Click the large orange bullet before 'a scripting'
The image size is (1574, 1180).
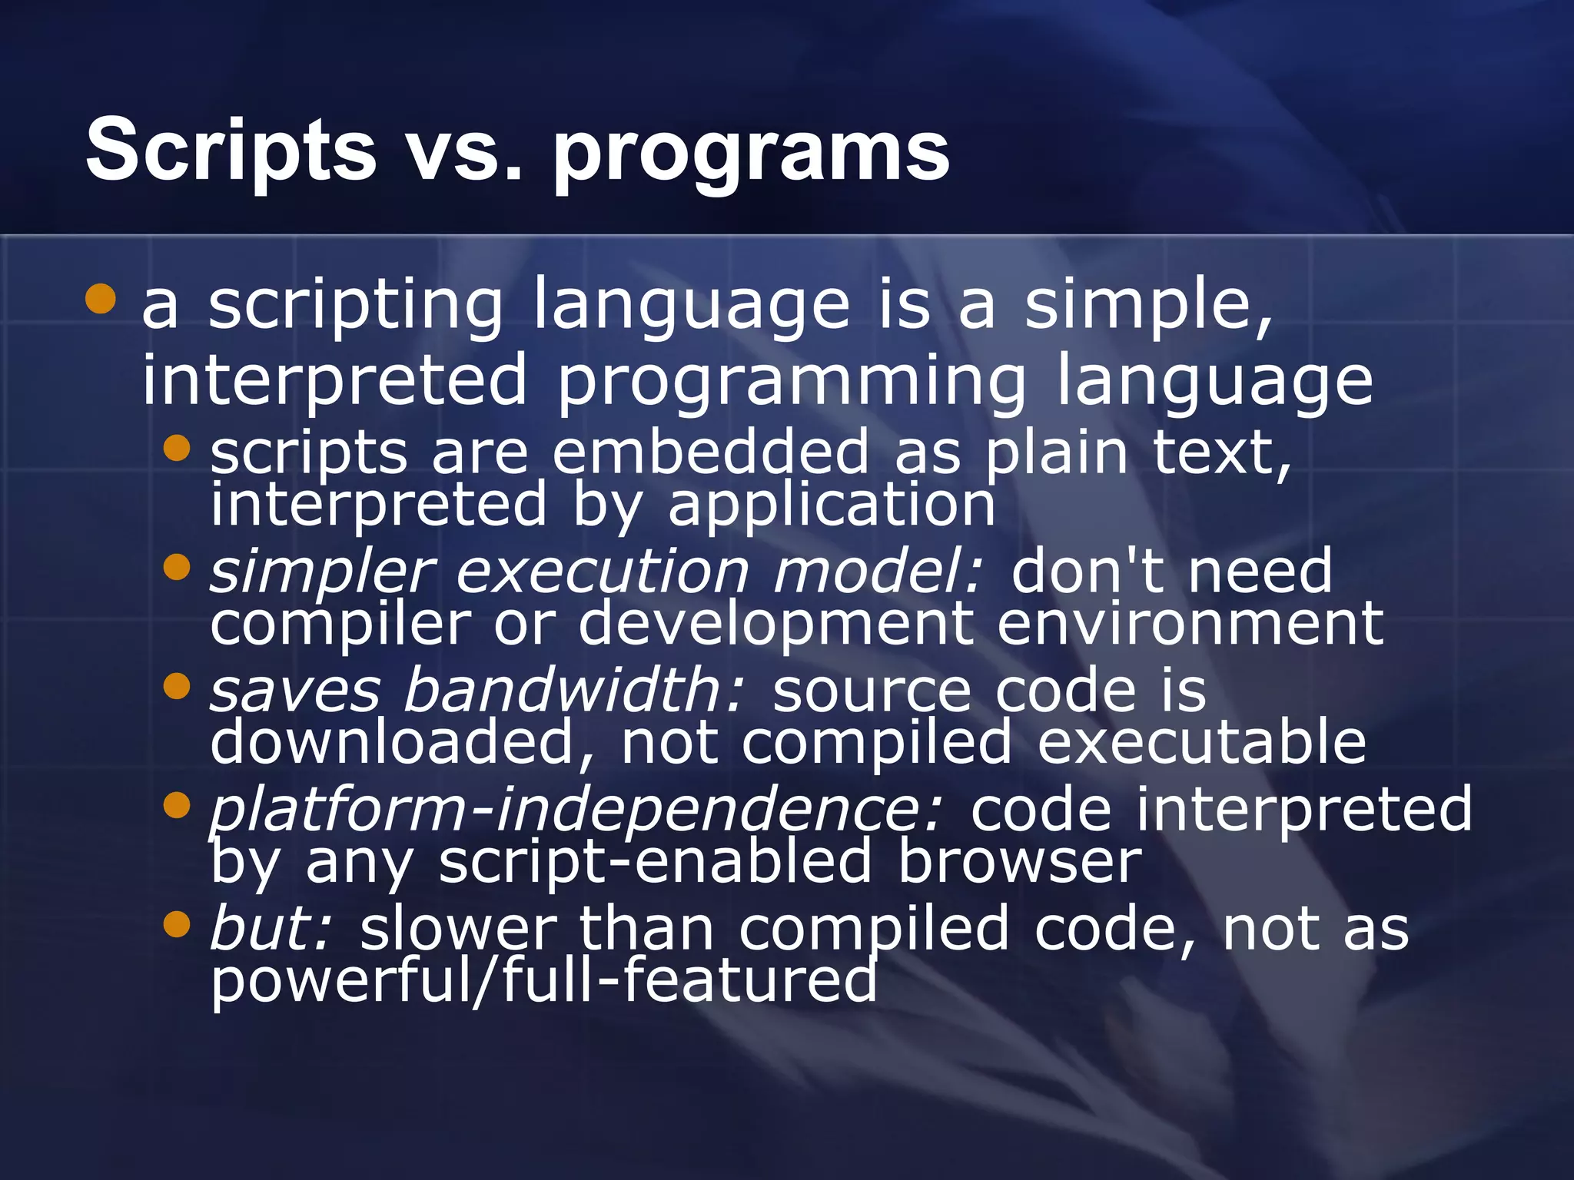click(101, 299)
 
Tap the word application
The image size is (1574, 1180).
click(832, 505)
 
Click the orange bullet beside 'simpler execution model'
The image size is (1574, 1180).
click(177, 568)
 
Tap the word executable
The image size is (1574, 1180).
click(1201, 742)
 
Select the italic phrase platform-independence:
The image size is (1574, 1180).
click(575, 810)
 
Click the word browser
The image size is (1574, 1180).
click(1020, 860)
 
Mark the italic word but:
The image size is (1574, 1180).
click(271, 928)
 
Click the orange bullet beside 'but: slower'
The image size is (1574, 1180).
click(177, 925)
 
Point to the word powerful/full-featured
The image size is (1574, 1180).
click(543, 981)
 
